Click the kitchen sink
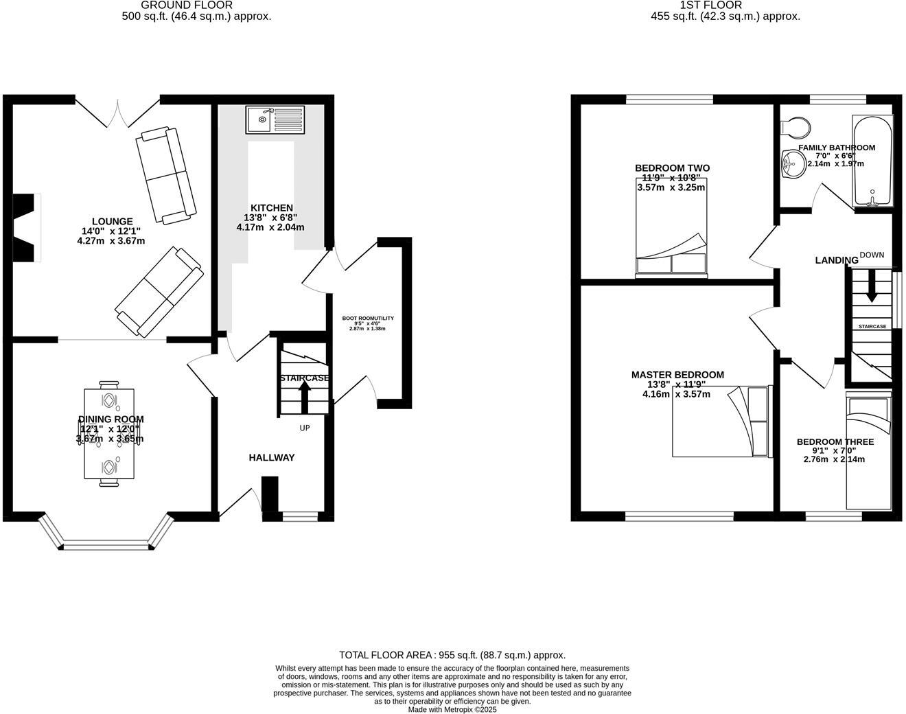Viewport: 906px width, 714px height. [x=275, y=120]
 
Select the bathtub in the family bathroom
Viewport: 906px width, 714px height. [x=872, y=161]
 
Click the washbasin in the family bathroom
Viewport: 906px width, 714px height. [x=793, y=164]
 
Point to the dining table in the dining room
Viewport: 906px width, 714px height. [x=109, y=434]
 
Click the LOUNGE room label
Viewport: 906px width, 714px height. [x=113, y=221]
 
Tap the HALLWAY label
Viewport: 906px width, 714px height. [x=271, y=457]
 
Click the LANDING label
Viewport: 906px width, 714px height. [x=836, y=260]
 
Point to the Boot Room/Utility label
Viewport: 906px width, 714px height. [x=368, y=319]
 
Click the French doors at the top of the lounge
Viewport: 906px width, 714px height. [x=117, y=113]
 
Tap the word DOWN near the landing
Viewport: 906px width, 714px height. [x=872, y=255]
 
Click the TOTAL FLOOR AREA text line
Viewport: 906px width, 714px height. [x=452, y=655]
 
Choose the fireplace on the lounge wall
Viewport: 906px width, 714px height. [x=25, y=227]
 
